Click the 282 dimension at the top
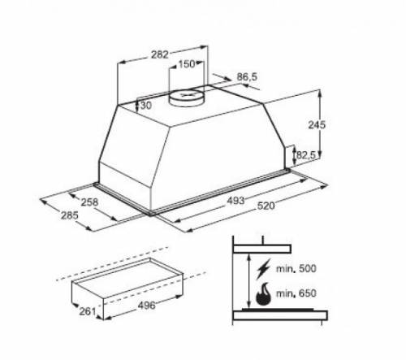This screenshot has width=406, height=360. [159, 55]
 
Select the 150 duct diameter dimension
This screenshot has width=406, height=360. [186, 64]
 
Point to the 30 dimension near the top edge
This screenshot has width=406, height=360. [145, 105]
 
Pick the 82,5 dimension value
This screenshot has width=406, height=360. [305, 154]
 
